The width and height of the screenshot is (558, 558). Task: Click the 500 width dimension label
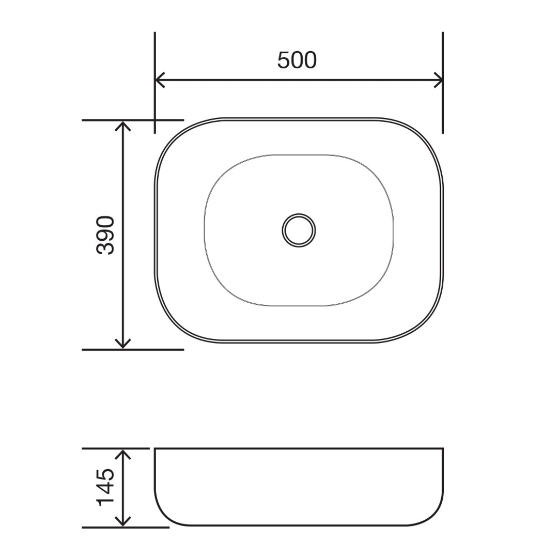point(297,60)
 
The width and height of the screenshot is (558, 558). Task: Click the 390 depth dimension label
point(106,235)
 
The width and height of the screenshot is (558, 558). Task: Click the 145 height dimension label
point(106,487)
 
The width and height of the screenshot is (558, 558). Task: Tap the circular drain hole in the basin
point(299,230)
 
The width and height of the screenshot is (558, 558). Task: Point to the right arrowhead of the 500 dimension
point(439,80)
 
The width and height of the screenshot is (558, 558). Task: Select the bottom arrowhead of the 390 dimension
point(122,345)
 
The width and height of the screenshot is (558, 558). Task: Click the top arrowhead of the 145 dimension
point(122,453)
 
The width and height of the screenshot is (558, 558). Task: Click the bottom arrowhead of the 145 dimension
point(122,522)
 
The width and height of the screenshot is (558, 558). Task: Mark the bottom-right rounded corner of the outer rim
point(424,323)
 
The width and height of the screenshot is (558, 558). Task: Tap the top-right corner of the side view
point(442,449)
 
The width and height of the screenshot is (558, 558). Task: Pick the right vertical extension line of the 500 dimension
point(443,103)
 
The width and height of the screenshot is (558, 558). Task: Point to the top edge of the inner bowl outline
point(299,154)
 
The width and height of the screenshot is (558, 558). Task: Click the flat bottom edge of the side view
point(299,525)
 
